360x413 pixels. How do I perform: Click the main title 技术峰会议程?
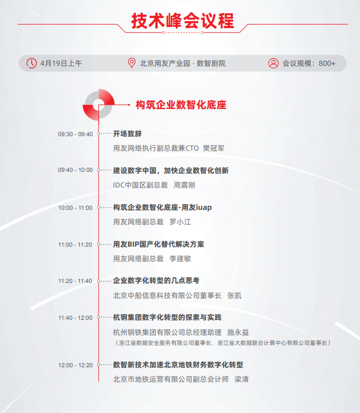pos(183,21)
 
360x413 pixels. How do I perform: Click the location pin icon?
pos(132,63)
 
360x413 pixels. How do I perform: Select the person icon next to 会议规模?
pos(273,63)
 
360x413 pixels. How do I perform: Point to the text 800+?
pos(327,64)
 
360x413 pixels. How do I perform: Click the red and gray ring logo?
pos(99,104)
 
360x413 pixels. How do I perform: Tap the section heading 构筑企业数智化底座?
pos(181,105)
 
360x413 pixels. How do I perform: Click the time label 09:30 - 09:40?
pos(75,134)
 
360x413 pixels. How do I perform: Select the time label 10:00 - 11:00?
pos(75,208)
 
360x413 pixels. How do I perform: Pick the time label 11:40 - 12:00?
pos(75,318)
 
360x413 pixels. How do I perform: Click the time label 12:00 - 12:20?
pos(75,366)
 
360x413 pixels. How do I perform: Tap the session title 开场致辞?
pos(127,134)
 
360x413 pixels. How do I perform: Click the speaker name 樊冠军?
pos(213,148)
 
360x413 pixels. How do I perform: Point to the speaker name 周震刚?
pos(184,185)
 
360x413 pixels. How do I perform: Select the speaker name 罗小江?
pos(180,222)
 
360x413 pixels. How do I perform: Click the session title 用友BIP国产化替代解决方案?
pos(159,244)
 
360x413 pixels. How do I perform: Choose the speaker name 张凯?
pos(234,295)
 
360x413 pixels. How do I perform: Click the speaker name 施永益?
pos(238,332)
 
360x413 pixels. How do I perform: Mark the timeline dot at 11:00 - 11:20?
pos(99,244)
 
